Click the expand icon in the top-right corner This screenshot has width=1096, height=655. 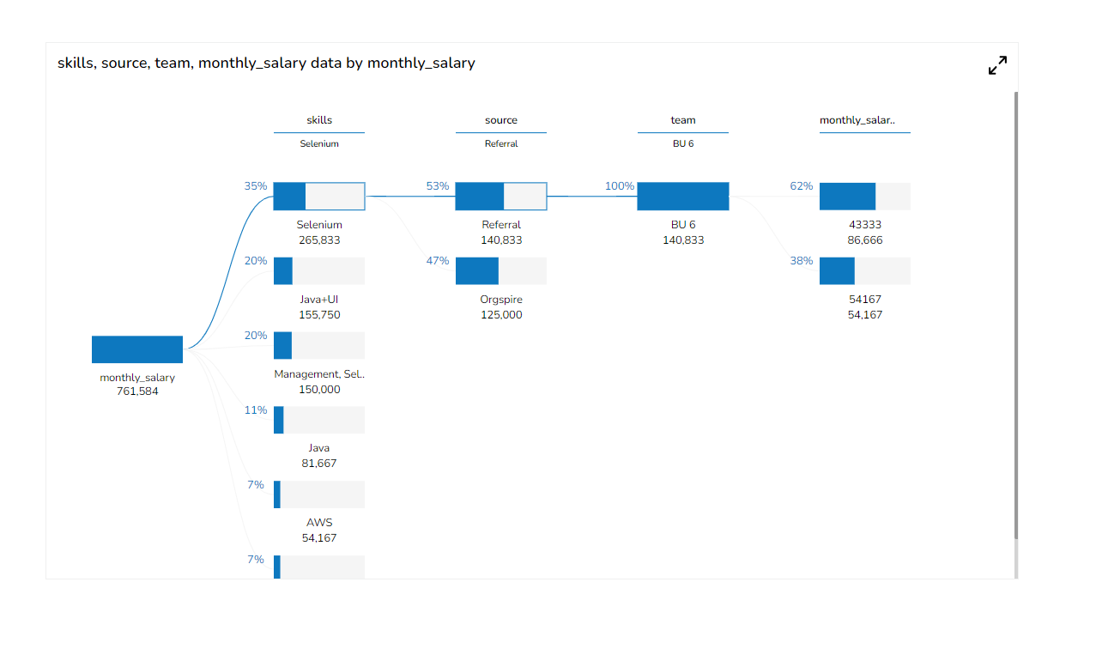(x=997, y=65)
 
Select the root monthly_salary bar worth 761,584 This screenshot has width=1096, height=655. (x=137, y=349)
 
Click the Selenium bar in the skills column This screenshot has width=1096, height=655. (x=319, y=196)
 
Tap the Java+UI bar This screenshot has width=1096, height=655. (x=319, y=270)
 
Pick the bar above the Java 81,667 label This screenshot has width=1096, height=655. (x=319, y=420)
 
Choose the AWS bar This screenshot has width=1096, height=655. (x=319, y=494)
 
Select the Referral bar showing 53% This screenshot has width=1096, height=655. (x=501, y=196)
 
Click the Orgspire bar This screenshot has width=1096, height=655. (x=501, y=270)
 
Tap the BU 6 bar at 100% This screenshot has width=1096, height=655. (x=683, y=196)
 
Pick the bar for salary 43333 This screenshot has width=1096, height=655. (x=865, y=196)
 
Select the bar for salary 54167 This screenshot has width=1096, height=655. (x=865, y=270)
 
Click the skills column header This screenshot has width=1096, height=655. (x=319, y=120)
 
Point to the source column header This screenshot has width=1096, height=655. (x=501, y=120)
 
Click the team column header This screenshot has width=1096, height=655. (x=683, y=120)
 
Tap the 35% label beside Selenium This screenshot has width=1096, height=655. (x=256, y=186)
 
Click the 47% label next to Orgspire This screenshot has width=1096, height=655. (x=438, y=261)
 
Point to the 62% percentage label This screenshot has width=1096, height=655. (x=802, y=186)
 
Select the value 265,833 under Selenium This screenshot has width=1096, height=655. (x=319, y=240)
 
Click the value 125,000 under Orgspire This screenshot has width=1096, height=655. (x=501, y=315)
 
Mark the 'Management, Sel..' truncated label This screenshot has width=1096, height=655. (x=319, y=374)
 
